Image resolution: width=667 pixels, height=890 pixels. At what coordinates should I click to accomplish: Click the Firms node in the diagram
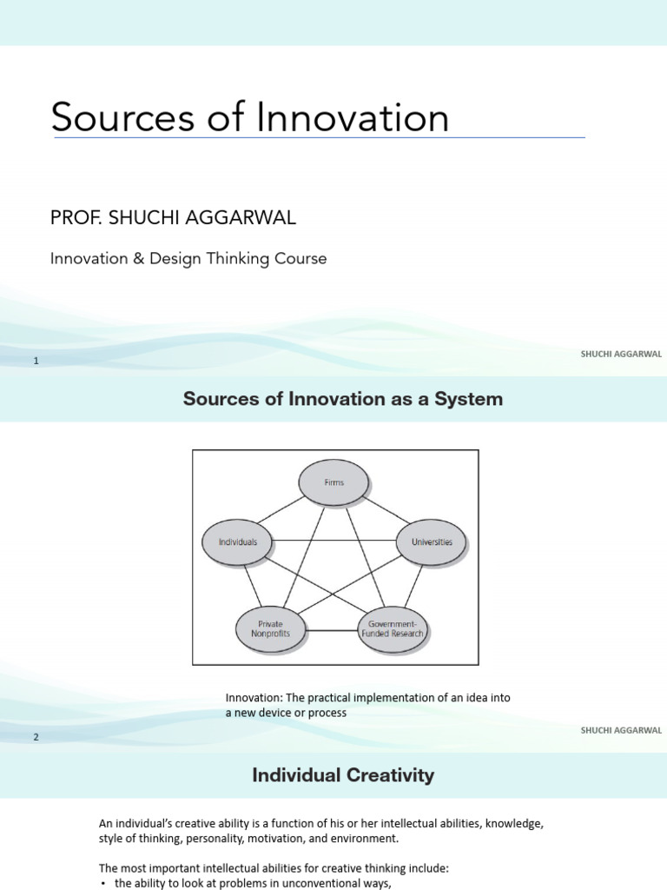(x=334, y=482)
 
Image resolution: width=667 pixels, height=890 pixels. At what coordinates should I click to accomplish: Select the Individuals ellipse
(x=237, y=541)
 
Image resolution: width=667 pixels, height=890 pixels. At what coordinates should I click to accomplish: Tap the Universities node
(x=431, y=541)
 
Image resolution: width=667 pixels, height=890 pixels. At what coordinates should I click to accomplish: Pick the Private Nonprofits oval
(x=270, y=628)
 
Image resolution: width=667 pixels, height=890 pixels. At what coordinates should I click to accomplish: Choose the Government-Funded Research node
(x=394, y=628)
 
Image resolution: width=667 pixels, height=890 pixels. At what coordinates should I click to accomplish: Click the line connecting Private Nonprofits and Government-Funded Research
(x=332, y=629)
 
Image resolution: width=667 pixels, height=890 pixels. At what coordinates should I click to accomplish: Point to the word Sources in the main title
(x=122, y=117)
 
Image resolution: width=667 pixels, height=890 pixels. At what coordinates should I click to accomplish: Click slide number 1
(x=36, y=361)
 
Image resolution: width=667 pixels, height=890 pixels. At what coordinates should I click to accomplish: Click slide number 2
(x=36, y=737)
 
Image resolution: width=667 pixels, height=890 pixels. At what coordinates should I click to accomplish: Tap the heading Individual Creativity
(x=343, y=775)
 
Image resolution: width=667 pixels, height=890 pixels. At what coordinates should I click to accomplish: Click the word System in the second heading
(x=471, y=400)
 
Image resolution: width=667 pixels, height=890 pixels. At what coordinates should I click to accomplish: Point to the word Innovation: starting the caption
(x=255, y=698)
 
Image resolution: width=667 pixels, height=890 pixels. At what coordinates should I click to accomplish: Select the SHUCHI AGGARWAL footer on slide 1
(x=621, y=354)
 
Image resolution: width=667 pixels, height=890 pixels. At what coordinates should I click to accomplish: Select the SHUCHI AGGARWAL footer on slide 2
(x=621, y=730)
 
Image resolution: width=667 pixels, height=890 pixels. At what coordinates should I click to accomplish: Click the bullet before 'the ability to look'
(x=103, y=884)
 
